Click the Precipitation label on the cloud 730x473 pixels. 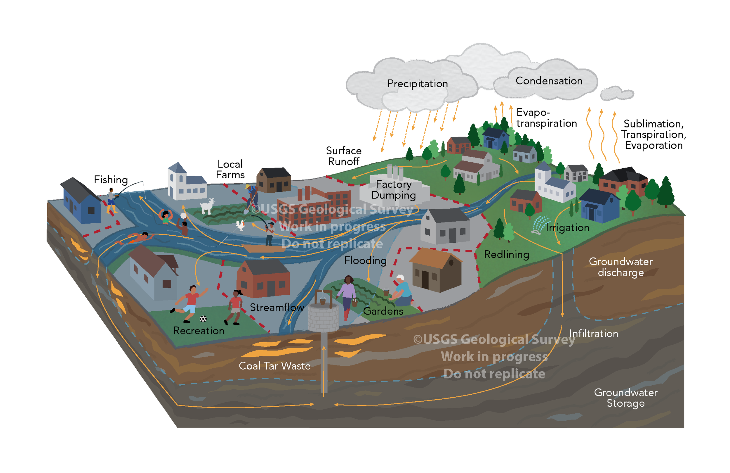point(417,84)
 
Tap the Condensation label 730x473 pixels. point(549,81)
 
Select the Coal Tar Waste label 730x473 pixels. point(274,366)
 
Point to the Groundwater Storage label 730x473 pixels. point(626,398)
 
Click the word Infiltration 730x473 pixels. point(594,334)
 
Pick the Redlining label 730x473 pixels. point(506,254)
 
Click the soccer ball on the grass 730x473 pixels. point(203,319)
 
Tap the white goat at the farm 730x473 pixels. point(208,206)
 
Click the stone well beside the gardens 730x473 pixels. point(323,316)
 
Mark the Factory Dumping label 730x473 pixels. point(394,190)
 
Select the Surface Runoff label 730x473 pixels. point(343,156)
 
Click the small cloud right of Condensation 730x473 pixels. point(616,93)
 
